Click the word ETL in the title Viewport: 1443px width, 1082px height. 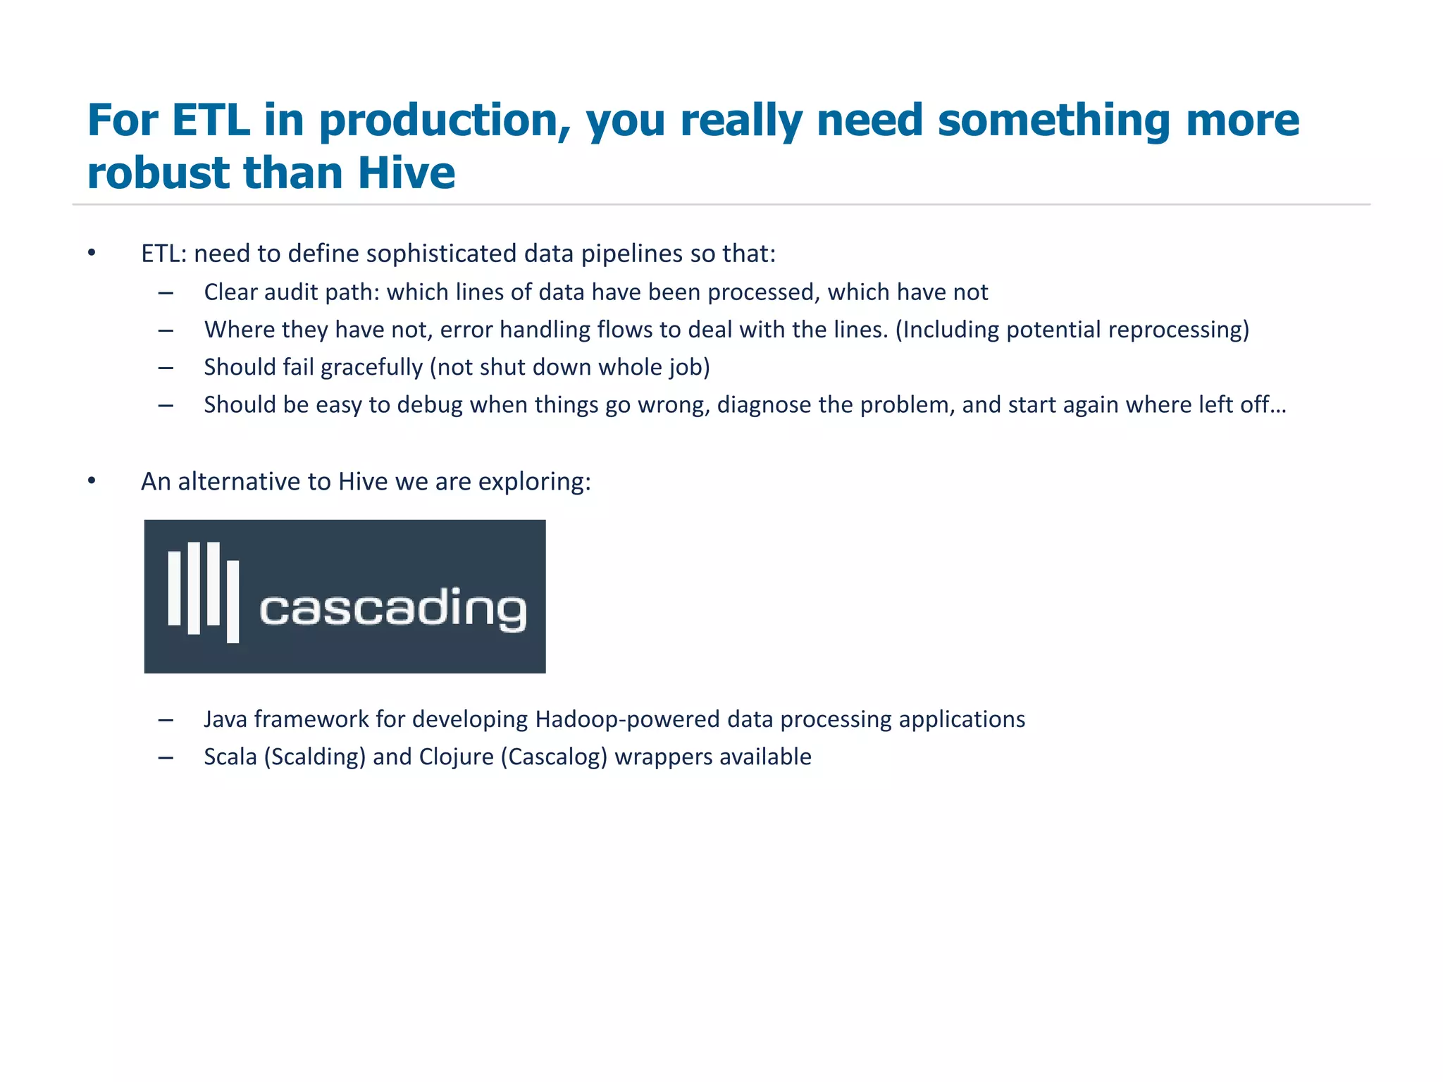(x=210, y=120)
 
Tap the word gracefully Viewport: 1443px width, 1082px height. (x=371, y=368)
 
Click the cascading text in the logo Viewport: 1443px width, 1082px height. (x=392, y=608)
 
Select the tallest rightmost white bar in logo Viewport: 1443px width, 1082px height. (x=233, y=601)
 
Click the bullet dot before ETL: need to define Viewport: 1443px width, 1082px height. (x=92, y=253)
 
